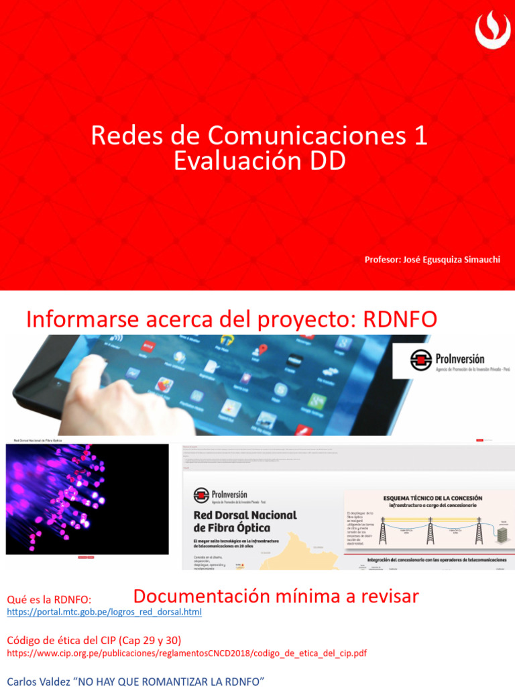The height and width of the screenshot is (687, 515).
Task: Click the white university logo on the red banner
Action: point(492,29)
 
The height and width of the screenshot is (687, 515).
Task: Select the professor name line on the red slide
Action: point(432,260)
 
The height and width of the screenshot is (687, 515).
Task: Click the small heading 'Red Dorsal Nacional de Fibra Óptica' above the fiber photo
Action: point(44,441)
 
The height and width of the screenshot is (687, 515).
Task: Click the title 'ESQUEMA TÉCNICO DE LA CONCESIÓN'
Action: point(432,498)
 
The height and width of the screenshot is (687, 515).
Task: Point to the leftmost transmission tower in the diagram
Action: point(383,531)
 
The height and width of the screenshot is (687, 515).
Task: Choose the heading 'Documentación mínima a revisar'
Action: point(276,596)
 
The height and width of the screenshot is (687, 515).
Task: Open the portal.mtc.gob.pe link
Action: point(104,613)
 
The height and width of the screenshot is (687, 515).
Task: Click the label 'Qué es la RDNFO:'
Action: point(49,599)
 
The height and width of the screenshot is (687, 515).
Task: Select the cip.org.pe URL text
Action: point(186,653)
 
